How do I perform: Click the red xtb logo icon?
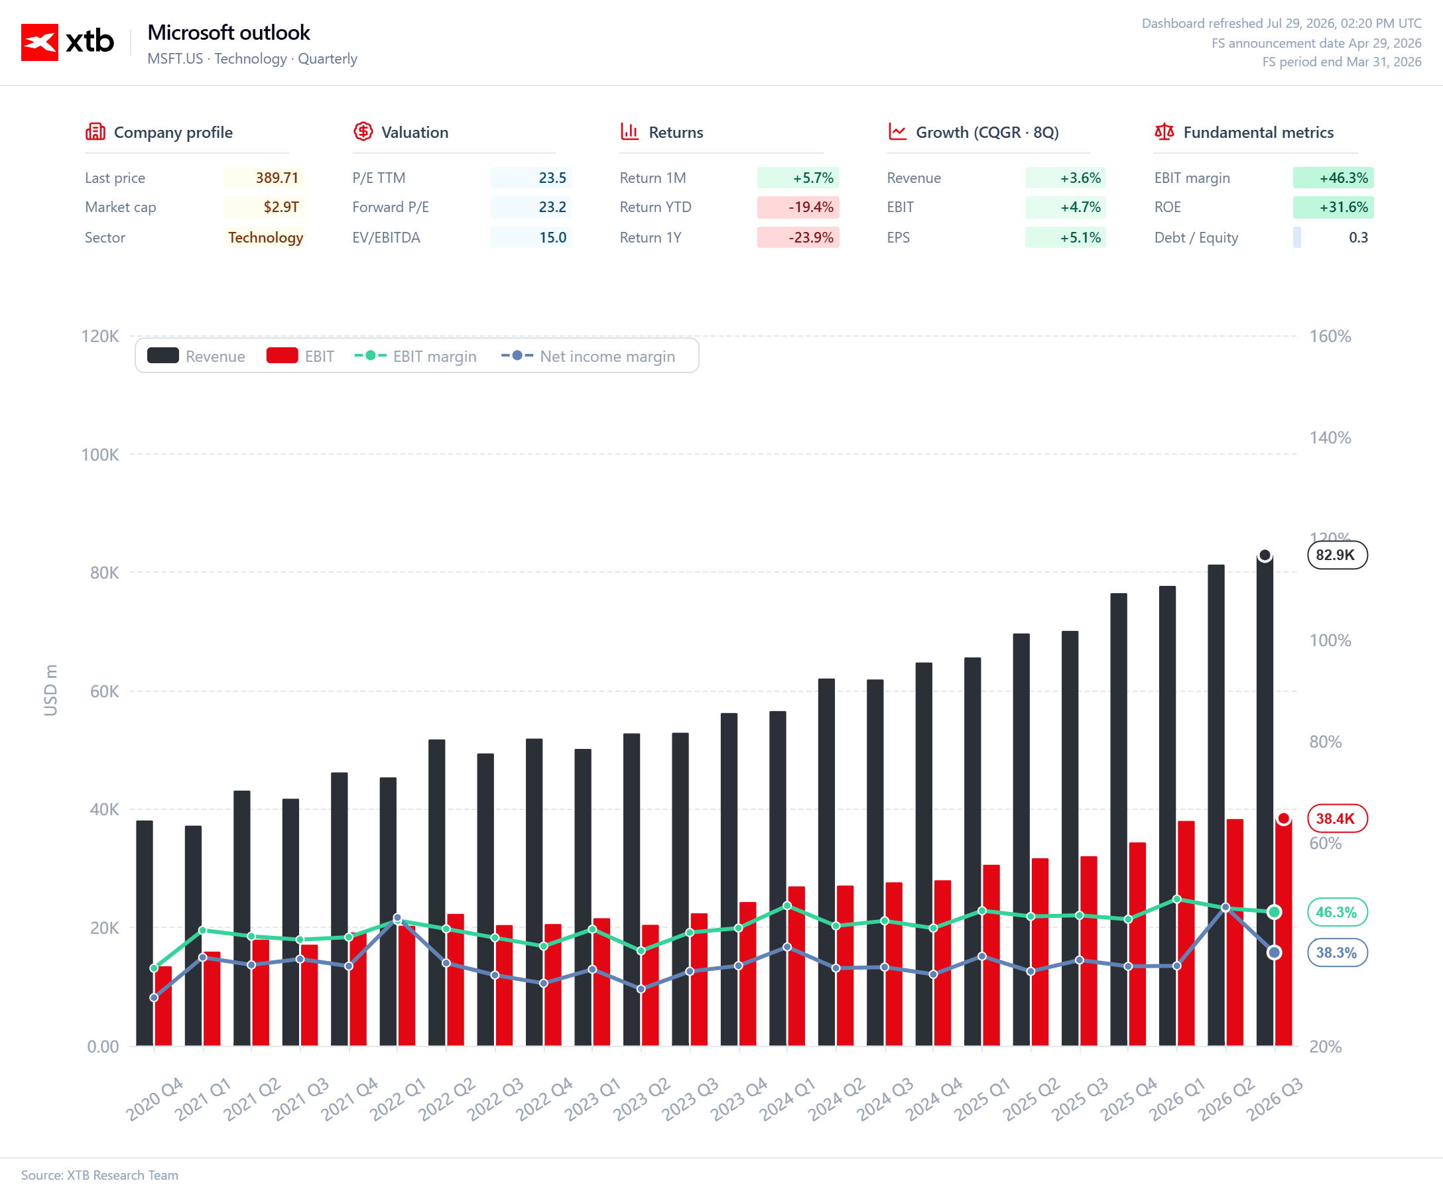(x=40, y=42)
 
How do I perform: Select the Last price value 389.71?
(x=277, y=178)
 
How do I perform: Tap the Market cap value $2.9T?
(x=281, y=207)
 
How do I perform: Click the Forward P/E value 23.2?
(x=552, y=207)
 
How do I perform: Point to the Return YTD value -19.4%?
(x=810, y=207)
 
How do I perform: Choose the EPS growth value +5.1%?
(x=1080, y=238)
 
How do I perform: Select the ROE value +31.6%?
(x=1344, y=207)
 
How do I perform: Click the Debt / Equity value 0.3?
(x=1358, y=238)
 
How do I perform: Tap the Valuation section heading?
(x=414, y=132)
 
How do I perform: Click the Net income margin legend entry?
(x=588, y=356)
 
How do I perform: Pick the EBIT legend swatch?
(x=282, y=355)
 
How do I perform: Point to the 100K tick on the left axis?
(x=100, y=455)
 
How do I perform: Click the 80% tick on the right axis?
(x=1325, y=742)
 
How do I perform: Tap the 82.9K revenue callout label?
(x=1337, y=555)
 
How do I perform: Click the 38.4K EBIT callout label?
(x=1337, y=819)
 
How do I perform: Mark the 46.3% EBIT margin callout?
(x=1337, y=913)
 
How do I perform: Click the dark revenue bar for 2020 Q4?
(x=145, y=933)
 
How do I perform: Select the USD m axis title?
(x=50, y=691)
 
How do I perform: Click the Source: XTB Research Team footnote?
(x=99, y=1174)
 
